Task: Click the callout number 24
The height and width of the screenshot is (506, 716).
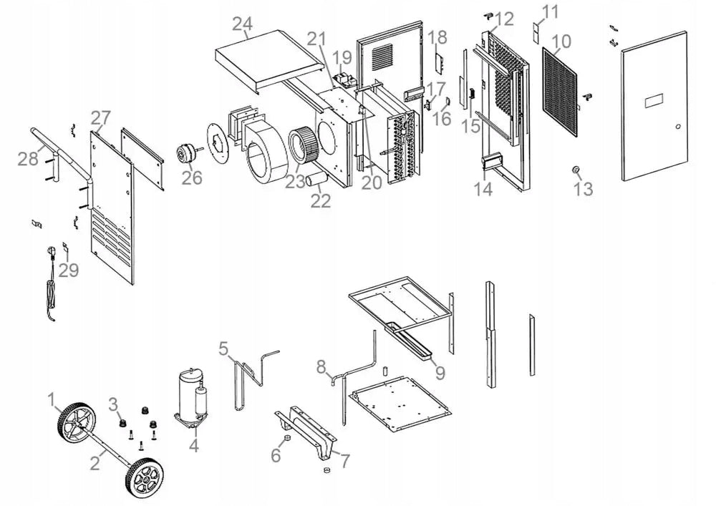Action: click(x=243, y=24)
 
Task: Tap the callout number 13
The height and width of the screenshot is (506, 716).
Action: click(x=583, y=188)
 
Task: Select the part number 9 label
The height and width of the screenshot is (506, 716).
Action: click(x=440, y=373)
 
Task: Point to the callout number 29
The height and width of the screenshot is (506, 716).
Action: click(x=69, y=270)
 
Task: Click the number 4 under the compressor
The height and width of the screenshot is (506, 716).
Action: click(x=194, y=445)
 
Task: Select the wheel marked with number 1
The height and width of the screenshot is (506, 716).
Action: click(x=77, y=424)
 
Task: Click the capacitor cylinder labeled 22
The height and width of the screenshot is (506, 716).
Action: click(x=317, y=179)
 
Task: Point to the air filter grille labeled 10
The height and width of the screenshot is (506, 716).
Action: click(x=559, y=92)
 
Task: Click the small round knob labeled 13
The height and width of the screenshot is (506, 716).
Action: click(x=576, y=170)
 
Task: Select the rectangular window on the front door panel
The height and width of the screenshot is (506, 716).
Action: click(x=654, y=101)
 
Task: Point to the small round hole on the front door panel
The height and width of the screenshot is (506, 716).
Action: click(x=678, y=127)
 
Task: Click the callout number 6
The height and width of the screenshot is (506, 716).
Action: click(x=276, y=455)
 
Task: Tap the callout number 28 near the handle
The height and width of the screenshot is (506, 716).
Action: click(x=28, y=158)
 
